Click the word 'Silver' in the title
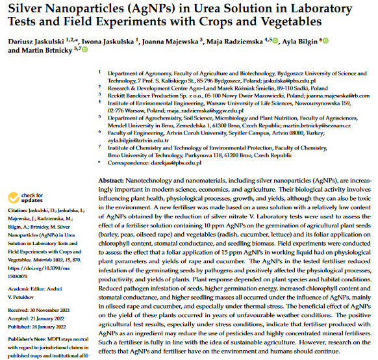pyautogui.click(x=31, y=8)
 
